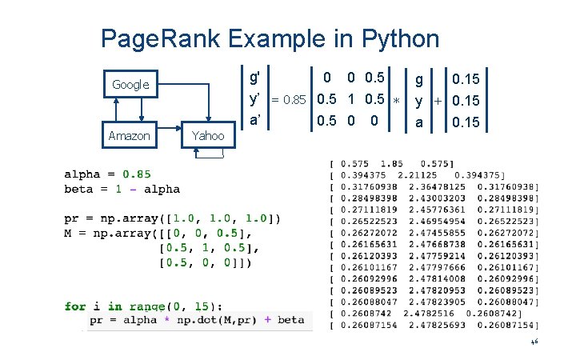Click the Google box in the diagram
point(130,84)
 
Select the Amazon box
point(129,136)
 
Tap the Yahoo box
point(208,136)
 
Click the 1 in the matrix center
point(352,100)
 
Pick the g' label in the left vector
point(254,78)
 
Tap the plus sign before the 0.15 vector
point(438,101)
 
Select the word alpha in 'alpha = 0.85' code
point(83,174)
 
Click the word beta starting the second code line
point(80,190)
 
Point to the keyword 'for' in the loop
point(75,306)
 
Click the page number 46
point(534,342)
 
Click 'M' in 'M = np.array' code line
point(69,233)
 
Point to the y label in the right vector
point(418,100)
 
